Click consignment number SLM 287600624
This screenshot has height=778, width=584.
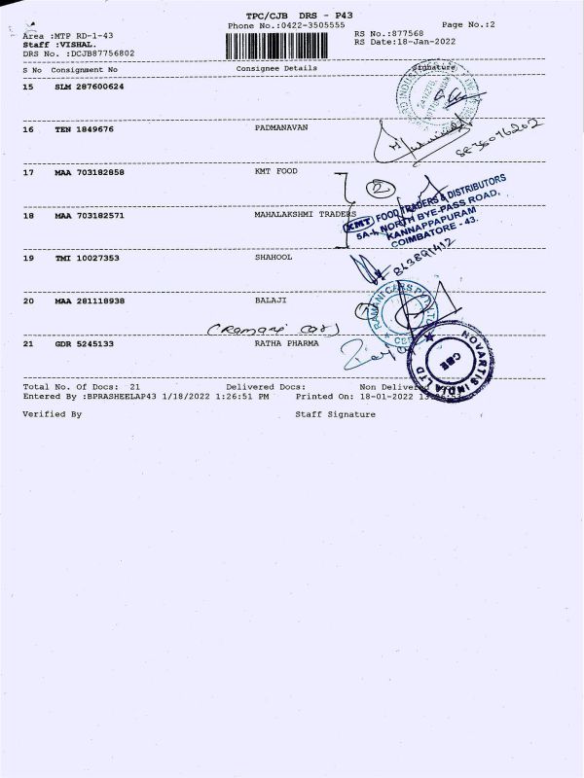pos(89,88)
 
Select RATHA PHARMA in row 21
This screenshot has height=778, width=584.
pos(286,342)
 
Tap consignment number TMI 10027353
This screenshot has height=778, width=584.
pos(89,260)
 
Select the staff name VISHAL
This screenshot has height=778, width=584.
pos(76,44)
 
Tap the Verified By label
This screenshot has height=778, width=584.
pos(53,413)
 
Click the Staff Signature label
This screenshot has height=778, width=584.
pos(335,413)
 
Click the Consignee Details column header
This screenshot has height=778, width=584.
pos(276,69)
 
